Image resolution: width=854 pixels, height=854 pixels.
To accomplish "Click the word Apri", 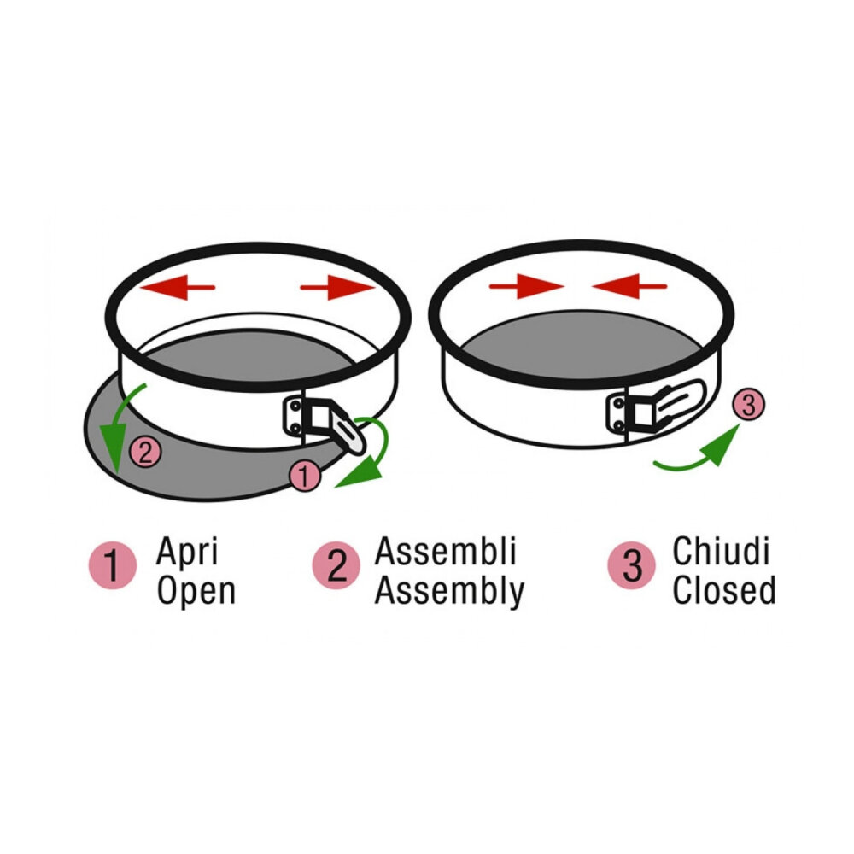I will tap(186, 553).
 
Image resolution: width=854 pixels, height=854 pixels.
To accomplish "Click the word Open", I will tap(196, 591).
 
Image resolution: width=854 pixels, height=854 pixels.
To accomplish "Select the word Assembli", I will tap(446, 553).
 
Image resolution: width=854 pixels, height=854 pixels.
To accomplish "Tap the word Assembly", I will tap(449, 591).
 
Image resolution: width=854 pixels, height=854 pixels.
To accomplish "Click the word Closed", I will tap(723, 591).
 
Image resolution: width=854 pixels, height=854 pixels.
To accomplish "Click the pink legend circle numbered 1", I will tap(113, 566).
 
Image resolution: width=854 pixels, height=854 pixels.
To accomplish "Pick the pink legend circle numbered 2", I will tap(336, 566).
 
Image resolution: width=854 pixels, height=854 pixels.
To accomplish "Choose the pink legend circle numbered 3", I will tap(632, 566).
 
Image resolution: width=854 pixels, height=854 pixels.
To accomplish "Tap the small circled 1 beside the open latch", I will tap(303, 477).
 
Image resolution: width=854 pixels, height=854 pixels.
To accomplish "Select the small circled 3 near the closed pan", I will tap(747, 406).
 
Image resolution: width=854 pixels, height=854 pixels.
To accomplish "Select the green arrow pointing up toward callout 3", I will tap(696, 453).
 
